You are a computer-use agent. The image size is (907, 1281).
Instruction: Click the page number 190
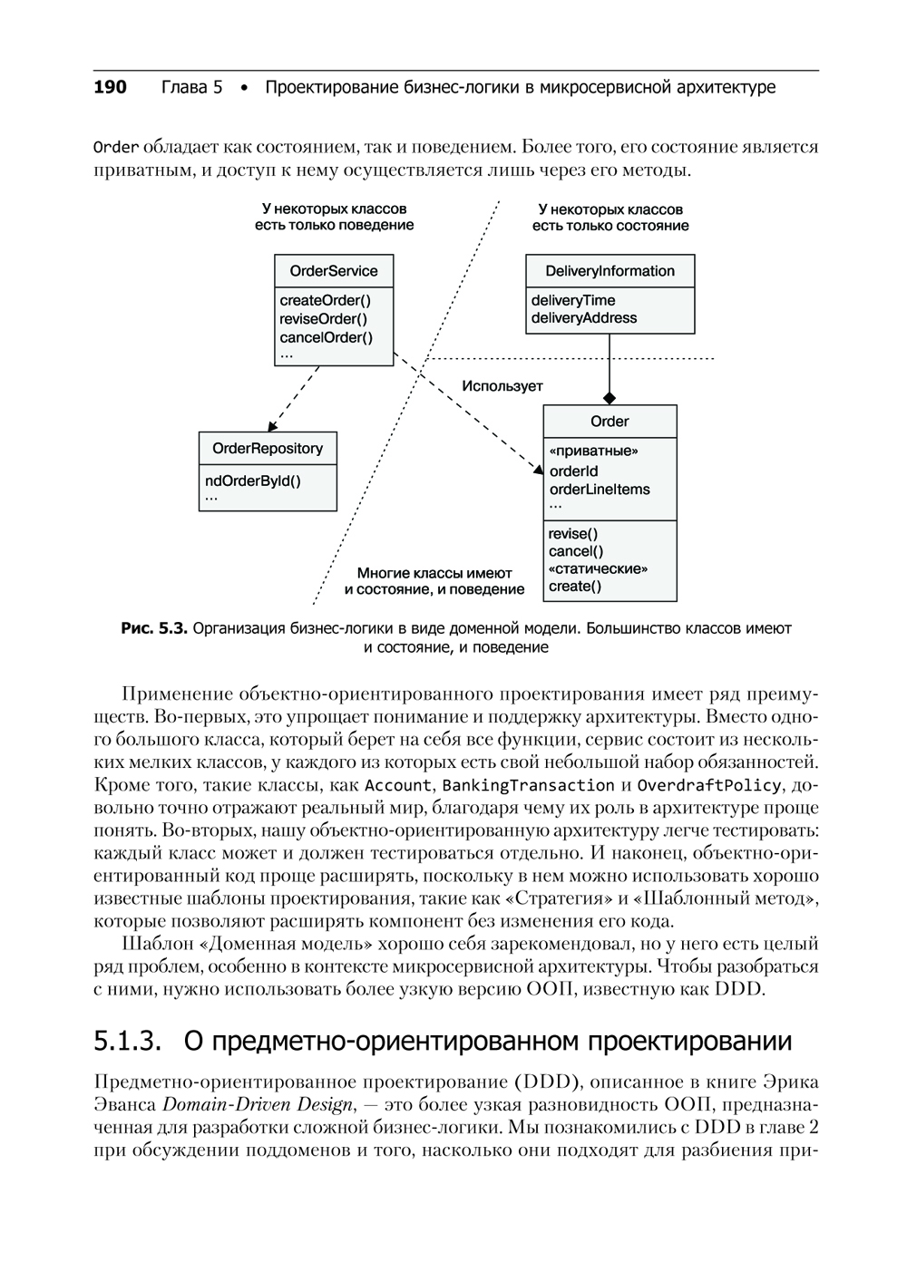coord(110,88)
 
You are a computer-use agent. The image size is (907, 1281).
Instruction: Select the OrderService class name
coord(334,271)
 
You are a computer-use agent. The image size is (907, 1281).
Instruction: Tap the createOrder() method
coord(325,301)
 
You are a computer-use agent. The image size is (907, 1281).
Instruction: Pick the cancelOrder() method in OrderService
coord(326,337)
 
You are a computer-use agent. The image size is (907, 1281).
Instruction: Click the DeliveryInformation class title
coord(610,271)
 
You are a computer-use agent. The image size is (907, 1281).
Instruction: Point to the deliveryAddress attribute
coord(584,318)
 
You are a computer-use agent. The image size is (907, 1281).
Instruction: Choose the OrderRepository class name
coord(268,449)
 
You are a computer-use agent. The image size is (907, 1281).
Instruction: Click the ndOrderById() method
coord(253,481)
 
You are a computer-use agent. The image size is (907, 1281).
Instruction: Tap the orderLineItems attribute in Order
coord(600,490)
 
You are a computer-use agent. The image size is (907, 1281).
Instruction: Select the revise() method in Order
coord(573,534)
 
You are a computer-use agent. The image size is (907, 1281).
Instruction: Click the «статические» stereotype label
coord(599,569)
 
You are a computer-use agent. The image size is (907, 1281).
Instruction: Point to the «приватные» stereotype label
coord(593,451)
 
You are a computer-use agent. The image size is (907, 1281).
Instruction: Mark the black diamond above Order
coord(610,398)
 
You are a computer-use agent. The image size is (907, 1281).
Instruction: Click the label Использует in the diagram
coord(502,386)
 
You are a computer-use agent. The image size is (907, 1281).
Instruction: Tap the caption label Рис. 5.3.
coord(153,627)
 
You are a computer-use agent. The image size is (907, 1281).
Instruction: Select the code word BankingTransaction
coord(530,785)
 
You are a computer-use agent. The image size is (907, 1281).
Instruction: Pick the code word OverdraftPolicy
coord(708,785)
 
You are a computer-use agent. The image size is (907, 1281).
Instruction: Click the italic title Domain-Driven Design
coord(258,1104)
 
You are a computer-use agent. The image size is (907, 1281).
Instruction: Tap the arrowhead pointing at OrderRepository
coord(271,426)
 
